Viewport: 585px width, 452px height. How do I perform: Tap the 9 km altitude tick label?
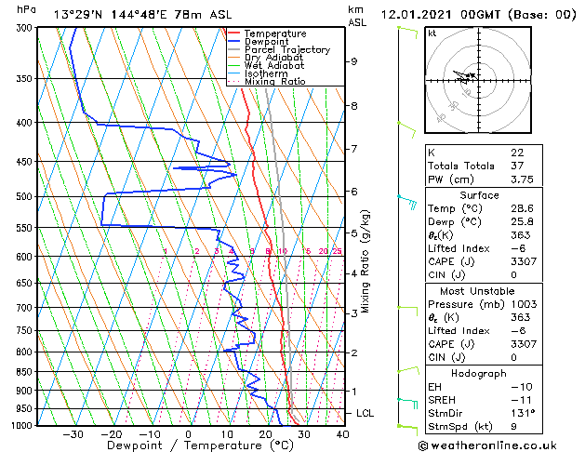point(354,61)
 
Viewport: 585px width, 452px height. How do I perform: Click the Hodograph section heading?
point(479,373)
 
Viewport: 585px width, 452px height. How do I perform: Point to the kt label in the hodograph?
point(432,33)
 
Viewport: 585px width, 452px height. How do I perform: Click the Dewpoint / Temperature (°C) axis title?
point(189,445)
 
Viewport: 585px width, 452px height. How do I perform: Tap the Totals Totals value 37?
point(517,166)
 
